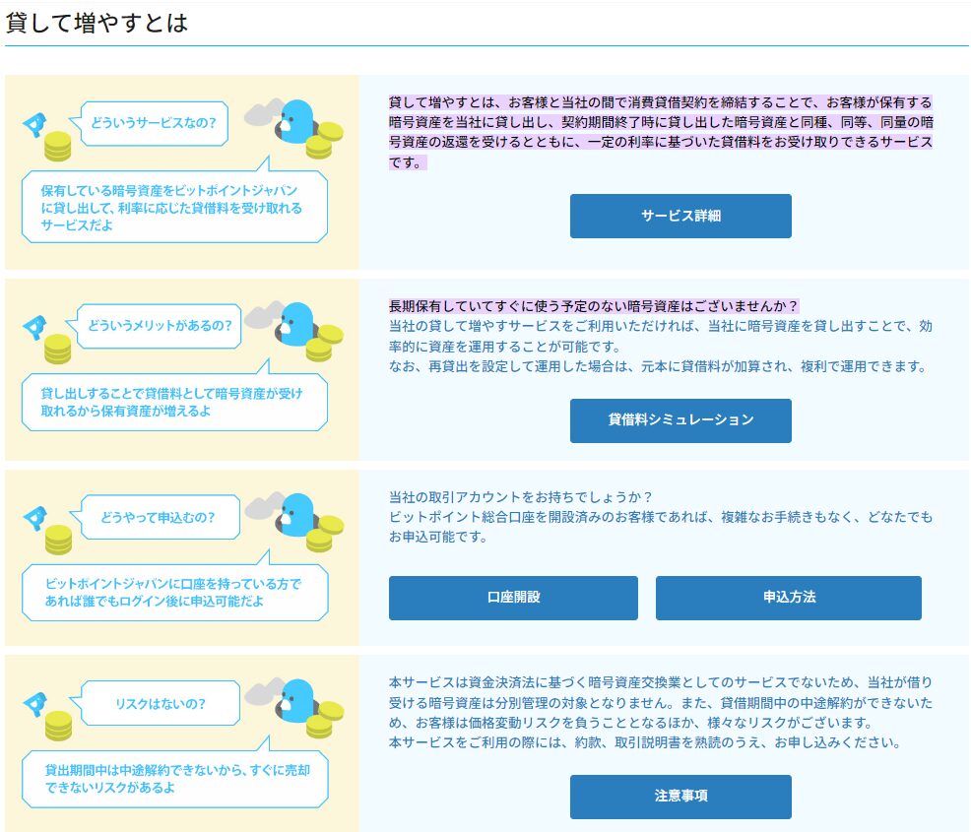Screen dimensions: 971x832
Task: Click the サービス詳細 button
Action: point(680,216)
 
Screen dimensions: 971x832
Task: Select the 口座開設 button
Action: point(513,598)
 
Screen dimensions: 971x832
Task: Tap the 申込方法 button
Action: point(788,598)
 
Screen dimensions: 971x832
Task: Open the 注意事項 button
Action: point(680,797)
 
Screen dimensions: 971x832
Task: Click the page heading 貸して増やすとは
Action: point(97,23)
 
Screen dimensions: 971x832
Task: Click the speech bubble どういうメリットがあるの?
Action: point(155,326)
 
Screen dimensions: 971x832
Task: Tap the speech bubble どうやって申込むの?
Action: point(156,517)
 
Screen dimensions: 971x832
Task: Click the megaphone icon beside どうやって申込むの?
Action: point(34,518)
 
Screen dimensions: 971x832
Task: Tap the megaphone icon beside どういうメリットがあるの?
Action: point(34,327)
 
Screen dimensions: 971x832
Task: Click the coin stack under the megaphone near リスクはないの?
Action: point(58,726)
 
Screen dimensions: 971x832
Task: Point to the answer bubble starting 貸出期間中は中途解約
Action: point(174,773)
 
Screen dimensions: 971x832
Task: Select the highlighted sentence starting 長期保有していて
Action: point(593,306)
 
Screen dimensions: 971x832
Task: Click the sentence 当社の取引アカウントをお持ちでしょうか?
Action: point(521,497)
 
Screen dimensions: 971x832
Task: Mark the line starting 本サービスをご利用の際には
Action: point(645,742)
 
